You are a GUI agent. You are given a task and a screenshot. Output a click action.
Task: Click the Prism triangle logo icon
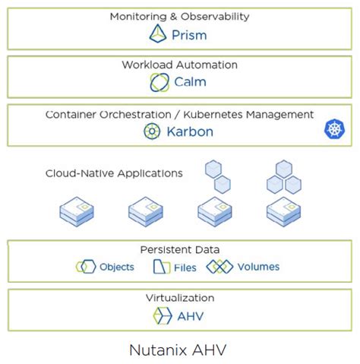157,34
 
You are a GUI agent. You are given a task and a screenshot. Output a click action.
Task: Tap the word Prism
188,35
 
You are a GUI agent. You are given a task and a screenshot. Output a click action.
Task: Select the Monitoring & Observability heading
179,16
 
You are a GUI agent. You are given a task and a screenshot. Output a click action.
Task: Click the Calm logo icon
159,82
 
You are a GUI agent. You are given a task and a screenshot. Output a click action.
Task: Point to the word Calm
190,82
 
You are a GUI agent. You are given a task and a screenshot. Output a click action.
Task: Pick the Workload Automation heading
179,65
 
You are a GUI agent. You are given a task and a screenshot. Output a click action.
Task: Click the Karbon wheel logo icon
153,131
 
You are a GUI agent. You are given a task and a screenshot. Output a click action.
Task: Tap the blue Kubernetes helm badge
334,130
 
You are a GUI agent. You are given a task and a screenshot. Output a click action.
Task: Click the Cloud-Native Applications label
114,173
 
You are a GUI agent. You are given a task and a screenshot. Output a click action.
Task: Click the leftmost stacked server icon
76,210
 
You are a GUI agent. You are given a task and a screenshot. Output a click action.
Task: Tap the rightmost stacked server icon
282,210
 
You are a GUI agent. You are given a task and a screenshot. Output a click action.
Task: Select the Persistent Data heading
180,249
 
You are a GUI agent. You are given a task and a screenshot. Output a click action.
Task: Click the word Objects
117,267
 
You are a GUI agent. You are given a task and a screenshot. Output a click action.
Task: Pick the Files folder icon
162,267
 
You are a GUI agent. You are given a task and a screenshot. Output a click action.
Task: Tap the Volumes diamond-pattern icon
219,267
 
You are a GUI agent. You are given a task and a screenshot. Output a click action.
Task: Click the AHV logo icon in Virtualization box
162,317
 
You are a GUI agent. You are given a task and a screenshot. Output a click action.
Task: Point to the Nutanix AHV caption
179,350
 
